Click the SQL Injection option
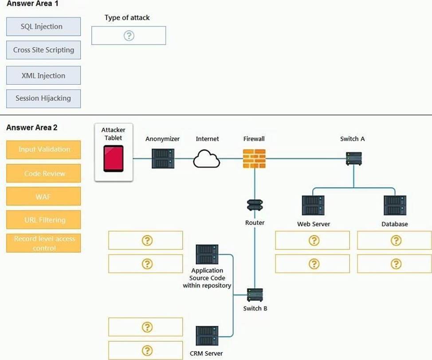43,27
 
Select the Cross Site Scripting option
43,50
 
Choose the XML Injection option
43,75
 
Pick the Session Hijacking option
43,99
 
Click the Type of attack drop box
129,36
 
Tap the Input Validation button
44,150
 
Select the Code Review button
44,174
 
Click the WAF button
44,197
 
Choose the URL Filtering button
44,220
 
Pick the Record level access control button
44,243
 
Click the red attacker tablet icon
114,158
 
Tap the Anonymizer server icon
163,158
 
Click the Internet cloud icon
207,159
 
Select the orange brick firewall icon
254,158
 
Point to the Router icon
255,206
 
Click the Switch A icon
353,158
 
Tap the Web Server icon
313,206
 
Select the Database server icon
395,206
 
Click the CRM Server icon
207,336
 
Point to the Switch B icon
255,295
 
